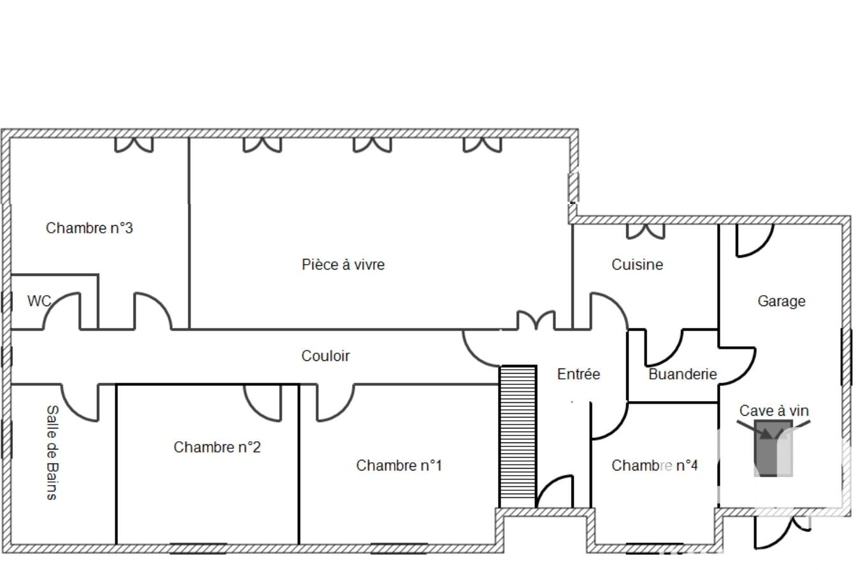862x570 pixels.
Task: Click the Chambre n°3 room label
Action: [89, 228]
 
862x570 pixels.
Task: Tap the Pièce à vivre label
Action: [343, 265]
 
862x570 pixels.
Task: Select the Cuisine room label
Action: [638, 265]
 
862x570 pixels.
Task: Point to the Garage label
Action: [781, 301]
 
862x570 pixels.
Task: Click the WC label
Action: [40, 301]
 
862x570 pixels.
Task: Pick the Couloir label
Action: [326, 356]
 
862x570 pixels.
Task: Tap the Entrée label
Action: [578, 374]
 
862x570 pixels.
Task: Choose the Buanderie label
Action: [683, 374]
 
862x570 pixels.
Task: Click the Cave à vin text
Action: [774, 411]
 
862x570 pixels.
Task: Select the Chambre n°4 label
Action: [655, 465]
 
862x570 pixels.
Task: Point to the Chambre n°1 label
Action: [399, 465]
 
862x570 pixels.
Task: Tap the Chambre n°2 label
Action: [217, 447]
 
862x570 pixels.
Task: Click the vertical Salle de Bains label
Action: [52, 453]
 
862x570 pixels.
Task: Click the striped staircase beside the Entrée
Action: [518, 437]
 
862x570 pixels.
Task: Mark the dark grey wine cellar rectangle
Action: [773, 448]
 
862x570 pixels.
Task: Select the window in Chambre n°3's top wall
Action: [134, 145]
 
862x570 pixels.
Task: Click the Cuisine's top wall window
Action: [645, 231]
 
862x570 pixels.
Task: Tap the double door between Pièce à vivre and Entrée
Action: [536, 320]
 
